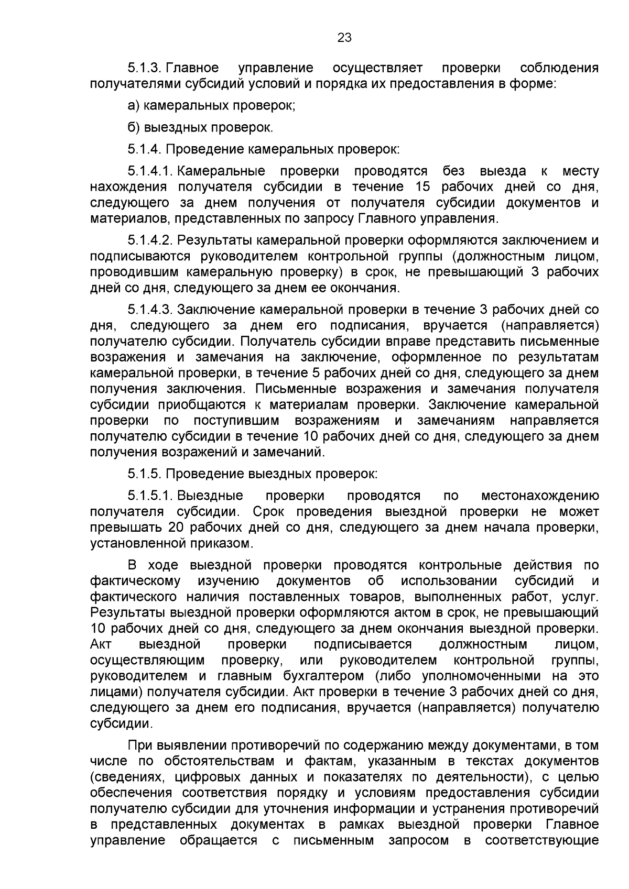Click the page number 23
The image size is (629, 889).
344,38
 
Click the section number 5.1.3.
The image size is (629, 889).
145,68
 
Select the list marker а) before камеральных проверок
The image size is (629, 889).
134,106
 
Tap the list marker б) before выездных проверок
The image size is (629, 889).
134,128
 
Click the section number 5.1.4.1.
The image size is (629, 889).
150,171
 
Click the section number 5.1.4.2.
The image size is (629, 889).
150,240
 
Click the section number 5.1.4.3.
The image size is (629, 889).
150,310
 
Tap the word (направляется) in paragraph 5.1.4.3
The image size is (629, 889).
549,325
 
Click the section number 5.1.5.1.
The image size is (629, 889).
150,496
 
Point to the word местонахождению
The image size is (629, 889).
539,496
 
